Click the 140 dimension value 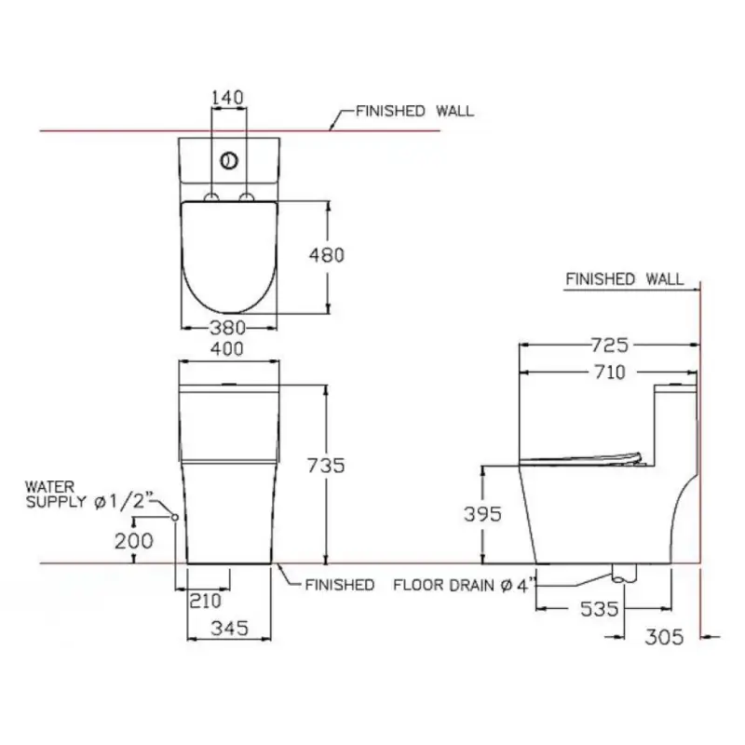[227, 98]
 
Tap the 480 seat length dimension [327, 255]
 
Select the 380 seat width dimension [228, 328]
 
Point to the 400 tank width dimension [227, 349]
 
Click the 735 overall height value [326, 465]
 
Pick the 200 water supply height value [134, 541]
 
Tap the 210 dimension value [205, 601]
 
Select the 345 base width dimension [229, 628]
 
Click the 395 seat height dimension [482, 514]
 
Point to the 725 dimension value [610, 345]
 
